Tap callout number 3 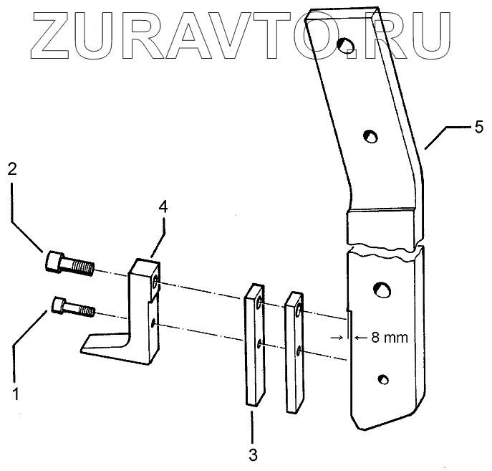tap(252, 455)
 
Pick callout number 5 tap(478, 127)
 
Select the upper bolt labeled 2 tap(68, 264)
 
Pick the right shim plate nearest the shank tap(295, 351)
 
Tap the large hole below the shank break tap(380, 289)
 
